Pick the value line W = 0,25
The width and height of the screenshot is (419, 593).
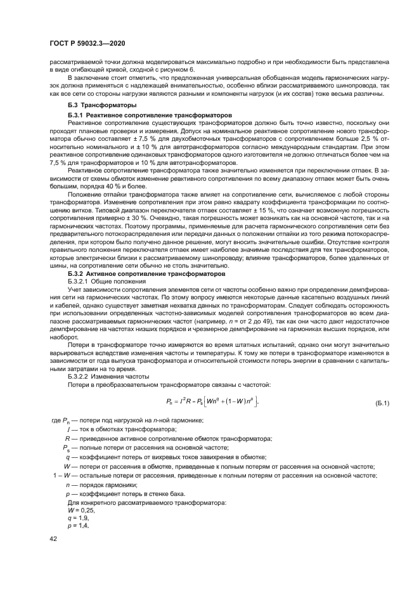pos(81,509)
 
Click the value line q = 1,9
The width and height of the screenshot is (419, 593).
pos(79,517)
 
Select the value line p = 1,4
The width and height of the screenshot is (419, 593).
pos(79,525)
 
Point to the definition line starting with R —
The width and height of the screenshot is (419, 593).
pos(168,439)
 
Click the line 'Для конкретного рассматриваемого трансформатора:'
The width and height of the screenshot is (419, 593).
pos(143,502)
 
